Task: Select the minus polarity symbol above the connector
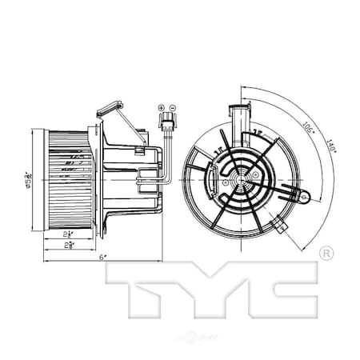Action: point(173,106)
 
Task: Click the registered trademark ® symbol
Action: point(325,253)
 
